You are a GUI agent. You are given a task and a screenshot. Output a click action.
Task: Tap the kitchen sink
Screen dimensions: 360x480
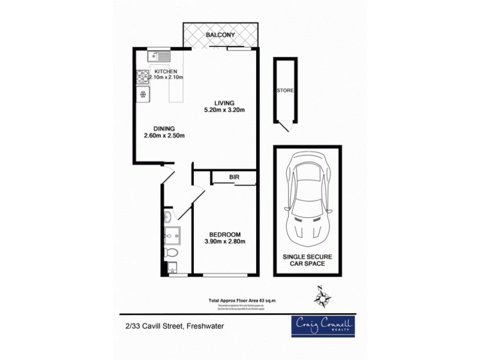tap(160, 57)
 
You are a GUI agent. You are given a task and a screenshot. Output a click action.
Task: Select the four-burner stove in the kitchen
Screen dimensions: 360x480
tap(143, 76)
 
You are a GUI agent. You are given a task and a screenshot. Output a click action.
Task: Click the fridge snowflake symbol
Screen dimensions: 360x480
tap(143, 94)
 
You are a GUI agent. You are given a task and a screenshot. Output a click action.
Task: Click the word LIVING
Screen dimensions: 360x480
tap(224, 102)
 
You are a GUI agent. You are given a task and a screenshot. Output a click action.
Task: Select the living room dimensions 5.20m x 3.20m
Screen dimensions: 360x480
tap(224, 110)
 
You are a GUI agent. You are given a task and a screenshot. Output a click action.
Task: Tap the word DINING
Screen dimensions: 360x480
tap(163, 128)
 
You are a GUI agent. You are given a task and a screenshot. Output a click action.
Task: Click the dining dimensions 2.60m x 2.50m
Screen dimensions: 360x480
tap(163, 136)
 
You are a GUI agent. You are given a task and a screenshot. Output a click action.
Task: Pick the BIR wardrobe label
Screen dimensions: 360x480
tap(234, 178)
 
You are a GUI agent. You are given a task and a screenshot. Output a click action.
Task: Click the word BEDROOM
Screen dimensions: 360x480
tap(224, 234)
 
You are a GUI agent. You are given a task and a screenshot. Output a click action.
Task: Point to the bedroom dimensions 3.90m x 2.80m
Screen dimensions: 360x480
tap(224, 242)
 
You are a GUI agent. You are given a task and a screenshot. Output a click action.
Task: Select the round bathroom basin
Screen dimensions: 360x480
tap(168, 217)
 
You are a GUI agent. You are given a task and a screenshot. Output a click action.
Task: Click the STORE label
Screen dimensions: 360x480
tap(285, 91)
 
